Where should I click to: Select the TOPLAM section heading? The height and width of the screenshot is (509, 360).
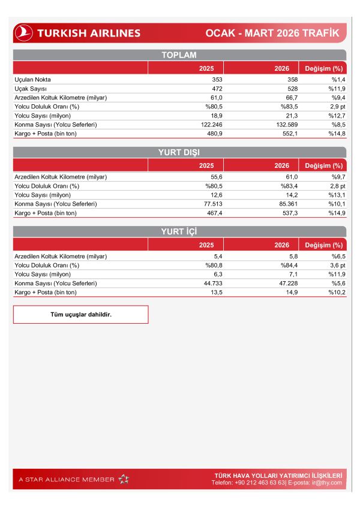(x=179, y=55)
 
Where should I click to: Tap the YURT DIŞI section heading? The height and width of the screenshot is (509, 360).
(x=179, y=153)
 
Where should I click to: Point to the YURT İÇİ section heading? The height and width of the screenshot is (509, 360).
(x=179, y=232)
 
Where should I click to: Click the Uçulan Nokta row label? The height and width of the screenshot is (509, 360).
(x=32, y=79)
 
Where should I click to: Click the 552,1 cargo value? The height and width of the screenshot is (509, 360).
(x=281, y=133)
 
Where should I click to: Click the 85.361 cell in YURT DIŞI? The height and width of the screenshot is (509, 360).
(x=279, y=204)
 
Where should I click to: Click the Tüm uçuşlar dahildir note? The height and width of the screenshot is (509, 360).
(x=81, y=314)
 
